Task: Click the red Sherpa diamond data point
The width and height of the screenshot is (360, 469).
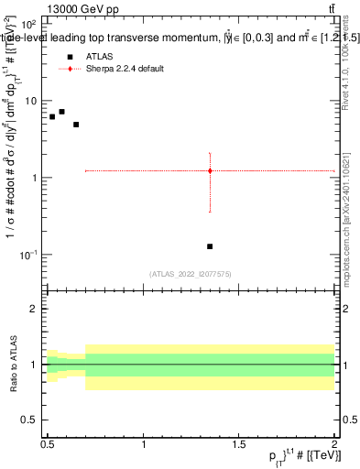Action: (210, 170)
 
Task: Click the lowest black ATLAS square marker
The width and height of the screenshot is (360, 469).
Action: (210, 246)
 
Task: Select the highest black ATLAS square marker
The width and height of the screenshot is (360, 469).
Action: (61, 112)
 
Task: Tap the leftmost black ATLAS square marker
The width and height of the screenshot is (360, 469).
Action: (52, 117)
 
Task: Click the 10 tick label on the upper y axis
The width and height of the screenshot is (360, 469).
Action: (31, 101)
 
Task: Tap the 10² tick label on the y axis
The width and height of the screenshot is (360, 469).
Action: (30, 25)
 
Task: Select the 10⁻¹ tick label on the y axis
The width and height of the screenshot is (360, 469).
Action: (29, 254)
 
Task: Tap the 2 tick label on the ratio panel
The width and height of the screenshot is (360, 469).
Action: (36, 309)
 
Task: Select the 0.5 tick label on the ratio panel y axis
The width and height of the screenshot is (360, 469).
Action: (31, 419)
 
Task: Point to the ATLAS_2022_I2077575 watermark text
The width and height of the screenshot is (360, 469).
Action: (191, 273)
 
